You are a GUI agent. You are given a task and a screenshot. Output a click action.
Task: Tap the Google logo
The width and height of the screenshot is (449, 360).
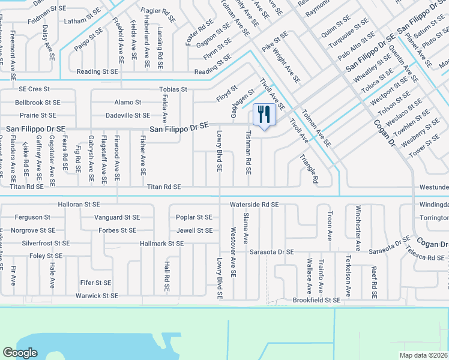click(20, 353)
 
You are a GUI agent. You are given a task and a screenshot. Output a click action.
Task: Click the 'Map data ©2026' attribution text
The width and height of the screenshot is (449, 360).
click(423, 355)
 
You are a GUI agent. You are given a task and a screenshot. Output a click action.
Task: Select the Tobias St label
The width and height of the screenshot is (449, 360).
click(173, 89)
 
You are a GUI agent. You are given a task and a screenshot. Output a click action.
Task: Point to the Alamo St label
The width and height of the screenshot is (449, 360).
click(128, 103)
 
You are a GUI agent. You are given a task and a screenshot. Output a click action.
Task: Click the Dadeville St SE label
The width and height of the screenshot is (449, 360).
click(127, 115)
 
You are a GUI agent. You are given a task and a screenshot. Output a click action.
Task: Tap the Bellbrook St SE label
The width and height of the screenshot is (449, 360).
click(38, 103)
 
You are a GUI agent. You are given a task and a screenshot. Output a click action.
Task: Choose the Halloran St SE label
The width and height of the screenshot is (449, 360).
click(79, 205)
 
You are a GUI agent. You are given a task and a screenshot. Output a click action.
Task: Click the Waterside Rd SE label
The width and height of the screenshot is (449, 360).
click(254, 205)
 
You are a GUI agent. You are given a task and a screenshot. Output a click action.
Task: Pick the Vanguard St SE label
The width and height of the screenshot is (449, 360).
click(117, 217)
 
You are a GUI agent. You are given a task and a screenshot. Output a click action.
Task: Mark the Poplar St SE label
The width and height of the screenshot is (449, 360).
click(194, 217)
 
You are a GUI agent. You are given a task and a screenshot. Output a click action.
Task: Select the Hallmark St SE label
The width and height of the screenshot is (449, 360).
click(161, 244)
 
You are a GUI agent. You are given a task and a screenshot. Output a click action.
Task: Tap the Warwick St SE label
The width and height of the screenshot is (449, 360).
click(97, 296)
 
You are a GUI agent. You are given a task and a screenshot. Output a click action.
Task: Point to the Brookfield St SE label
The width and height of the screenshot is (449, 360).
click(316, 299)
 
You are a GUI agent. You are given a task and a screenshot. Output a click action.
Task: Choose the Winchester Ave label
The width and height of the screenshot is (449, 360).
click(358, 229)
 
